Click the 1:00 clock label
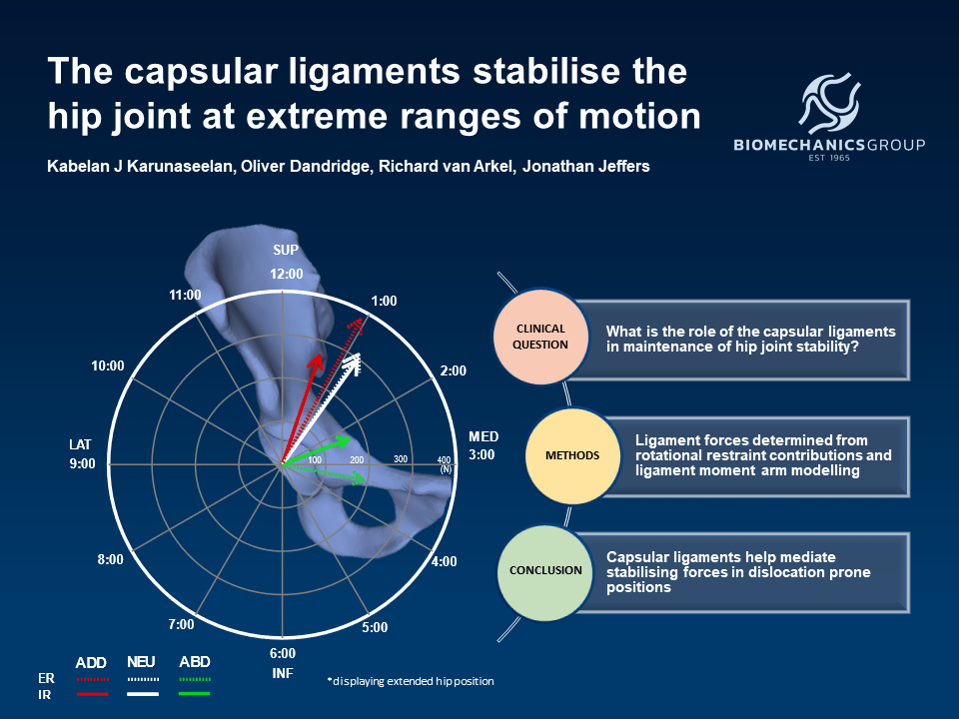pyautogui.click(x=384, y=301)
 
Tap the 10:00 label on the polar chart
pyautogui.click(x=108, y=365)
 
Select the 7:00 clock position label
pyautogui.click(x=181, y=624)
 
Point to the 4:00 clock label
pyautogui.click(x=444, y=561)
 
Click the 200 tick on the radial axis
pyautogui.click(x=357, y=459)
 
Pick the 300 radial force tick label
pyautogui.click(x=401, y=458)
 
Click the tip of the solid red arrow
pyautogui.click(x=320, y=354)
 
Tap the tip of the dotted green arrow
pyautogui.click(x=366, y=478)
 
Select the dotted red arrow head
pyautogui.click(x=359, y=325)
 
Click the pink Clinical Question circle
pyautogui.click(x=540, y=337)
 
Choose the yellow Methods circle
pyautogui.click(x=572, y=455)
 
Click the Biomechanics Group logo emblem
pyautogui.click(x=829, y=103)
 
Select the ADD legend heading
pyautogui.click(x=91, y=663)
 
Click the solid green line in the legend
pyautogui.click(x=195, y=694)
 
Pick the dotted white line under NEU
pyautogui.click(x=143, y=679)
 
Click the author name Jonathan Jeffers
pyautogui.click(x=586, y=167)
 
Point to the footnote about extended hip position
pyautogui.click(x=411, y=681)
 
